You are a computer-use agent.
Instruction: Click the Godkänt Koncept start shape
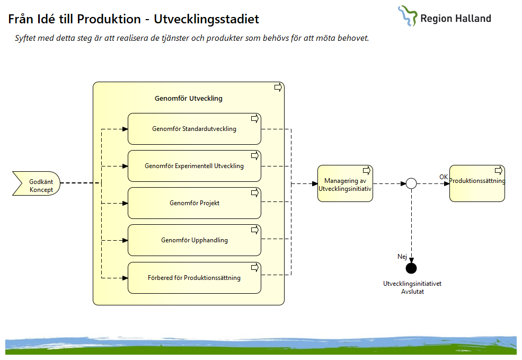tap(36, 184)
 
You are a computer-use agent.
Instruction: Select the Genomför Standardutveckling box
tap(194, 129)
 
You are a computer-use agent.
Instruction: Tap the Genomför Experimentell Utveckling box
tap(194, 166)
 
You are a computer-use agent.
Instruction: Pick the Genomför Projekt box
tap(194, 203)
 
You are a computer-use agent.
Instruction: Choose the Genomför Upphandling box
tap(194, 240)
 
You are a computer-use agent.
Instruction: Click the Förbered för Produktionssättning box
tap(194, 278)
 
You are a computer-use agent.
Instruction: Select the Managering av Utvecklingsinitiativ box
tap(345, 184)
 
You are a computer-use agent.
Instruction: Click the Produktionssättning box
tap(477, 184)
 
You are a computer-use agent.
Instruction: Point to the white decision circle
tap(411, 184)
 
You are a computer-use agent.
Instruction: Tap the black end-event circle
tap(411, 268)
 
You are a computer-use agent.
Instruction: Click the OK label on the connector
tap(444, 177)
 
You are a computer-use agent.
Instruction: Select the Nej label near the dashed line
tap(402, 257)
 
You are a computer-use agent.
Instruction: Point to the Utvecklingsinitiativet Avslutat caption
tap(412, 287)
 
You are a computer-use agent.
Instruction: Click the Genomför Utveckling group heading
tap(188, 99)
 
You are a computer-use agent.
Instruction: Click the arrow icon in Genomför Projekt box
tap(254, 192)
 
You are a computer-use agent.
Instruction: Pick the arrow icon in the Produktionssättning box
tap(498, 170)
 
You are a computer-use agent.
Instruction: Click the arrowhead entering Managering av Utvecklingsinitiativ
tap(314, 184)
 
